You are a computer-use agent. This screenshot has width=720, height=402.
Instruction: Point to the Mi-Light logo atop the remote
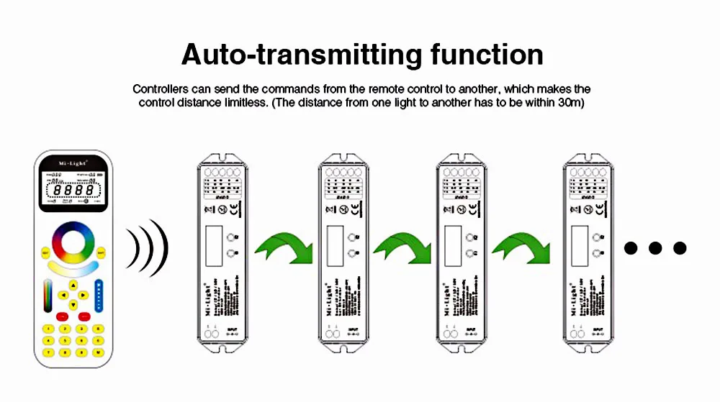(x=72, y=164)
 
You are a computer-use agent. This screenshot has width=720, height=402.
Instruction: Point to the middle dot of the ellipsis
(x=654, y=249)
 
